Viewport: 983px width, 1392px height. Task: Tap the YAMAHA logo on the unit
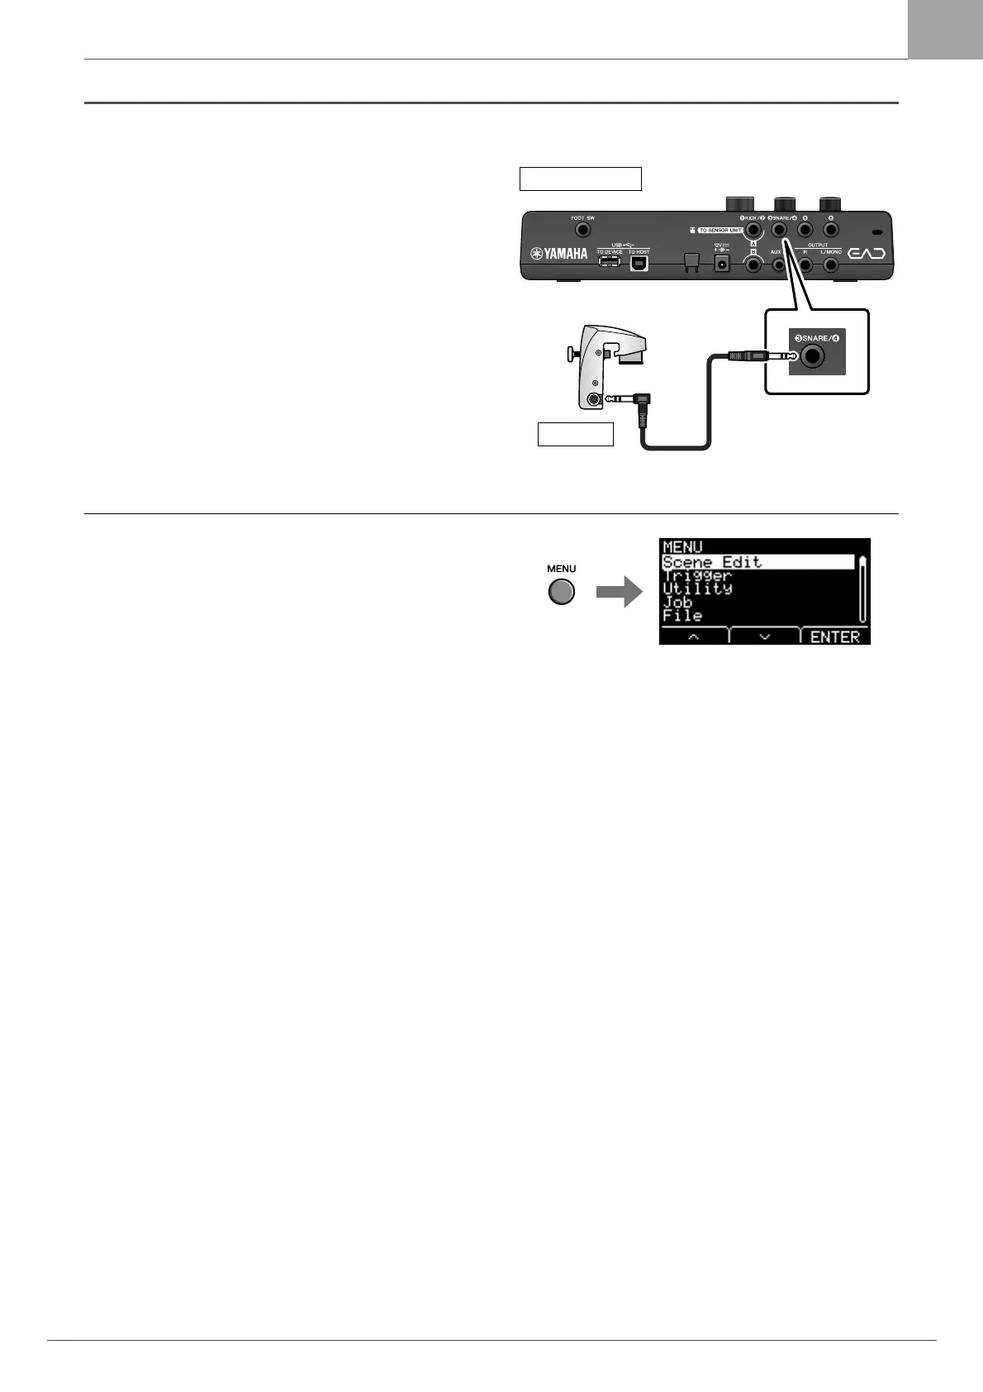tap(559, 254)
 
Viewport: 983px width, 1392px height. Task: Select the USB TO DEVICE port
tap(610, 262)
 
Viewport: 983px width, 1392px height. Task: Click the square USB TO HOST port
tap(639, 263)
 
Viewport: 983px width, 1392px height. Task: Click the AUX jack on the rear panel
tap(778, 265)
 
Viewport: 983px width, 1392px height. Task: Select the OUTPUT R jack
tap(805, 265)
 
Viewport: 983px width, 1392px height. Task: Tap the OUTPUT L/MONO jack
tap(831, 265)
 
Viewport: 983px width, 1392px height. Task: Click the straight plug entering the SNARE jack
tap(753, 356)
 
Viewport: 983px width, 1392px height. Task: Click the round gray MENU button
tap(562, 592)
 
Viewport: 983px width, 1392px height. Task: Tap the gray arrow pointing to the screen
tap(620, 592)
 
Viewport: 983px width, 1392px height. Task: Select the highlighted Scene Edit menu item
tap(712, 562)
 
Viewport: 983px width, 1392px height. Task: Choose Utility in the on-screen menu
tap(698, 589)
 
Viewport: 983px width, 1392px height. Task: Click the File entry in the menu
tap(682, 615)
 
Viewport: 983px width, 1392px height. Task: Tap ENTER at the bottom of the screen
tap(835, 636)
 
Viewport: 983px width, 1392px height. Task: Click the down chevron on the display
tap(764, 636)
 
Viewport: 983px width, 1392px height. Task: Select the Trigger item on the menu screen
tap(698, 575)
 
